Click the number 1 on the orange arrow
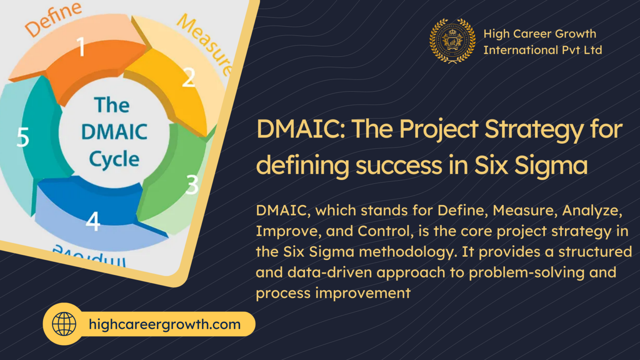81,46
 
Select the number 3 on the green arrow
192,185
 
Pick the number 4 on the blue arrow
93,221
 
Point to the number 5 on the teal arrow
23,137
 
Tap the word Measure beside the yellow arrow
204,44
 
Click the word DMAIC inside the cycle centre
114,132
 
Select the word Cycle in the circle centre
114,160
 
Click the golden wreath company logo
452,41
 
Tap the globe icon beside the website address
64,324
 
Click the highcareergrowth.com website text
165,324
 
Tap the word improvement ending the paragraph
362,293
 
